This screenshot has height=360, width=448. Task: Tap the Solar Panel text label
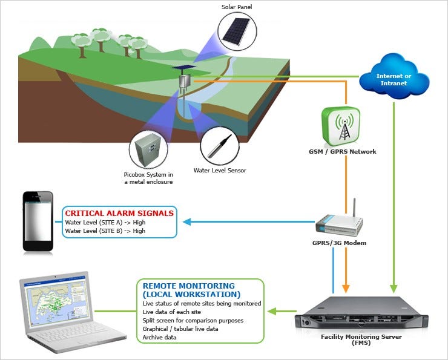coord(237,7)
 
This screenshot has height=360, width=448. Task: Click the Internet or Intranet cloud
coord(394,76)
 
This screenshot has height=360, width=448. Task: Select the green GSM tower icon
coord(341,126)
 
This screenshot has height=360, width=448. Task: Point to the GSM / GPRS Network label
coord(343,152)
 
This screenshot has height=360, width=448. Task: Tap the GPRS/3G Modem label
coord(340,243)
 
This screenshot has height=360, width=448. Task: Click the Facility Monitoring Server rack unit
coord(361,314)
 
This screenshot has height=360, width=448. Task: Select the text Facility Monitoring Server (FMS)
coord(361,339)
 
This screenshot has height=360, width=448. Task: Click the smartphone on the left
coord(38,221)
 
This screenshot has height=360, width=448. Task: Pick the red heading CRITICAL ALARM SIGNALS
coord(119,213)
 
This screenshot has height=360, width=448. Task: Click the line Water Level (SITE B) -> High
coord(105,231)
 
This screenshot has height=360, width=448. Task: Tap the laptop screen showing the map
coord(55,303)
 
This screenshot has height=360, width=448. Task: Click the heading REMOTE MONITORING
coord(188,286)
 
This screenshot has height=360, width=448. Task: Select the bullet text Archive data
coord(159,337)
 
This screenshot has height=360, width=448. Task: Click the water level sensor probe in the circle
coord(219,146)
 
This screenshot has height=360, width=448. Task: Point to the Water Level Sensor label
coord(220,171)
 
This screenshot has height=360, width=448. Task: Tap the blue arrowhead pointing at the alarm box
coord(187,222)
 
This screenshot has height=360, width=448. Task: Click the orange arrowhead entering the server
coord(346,289)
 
